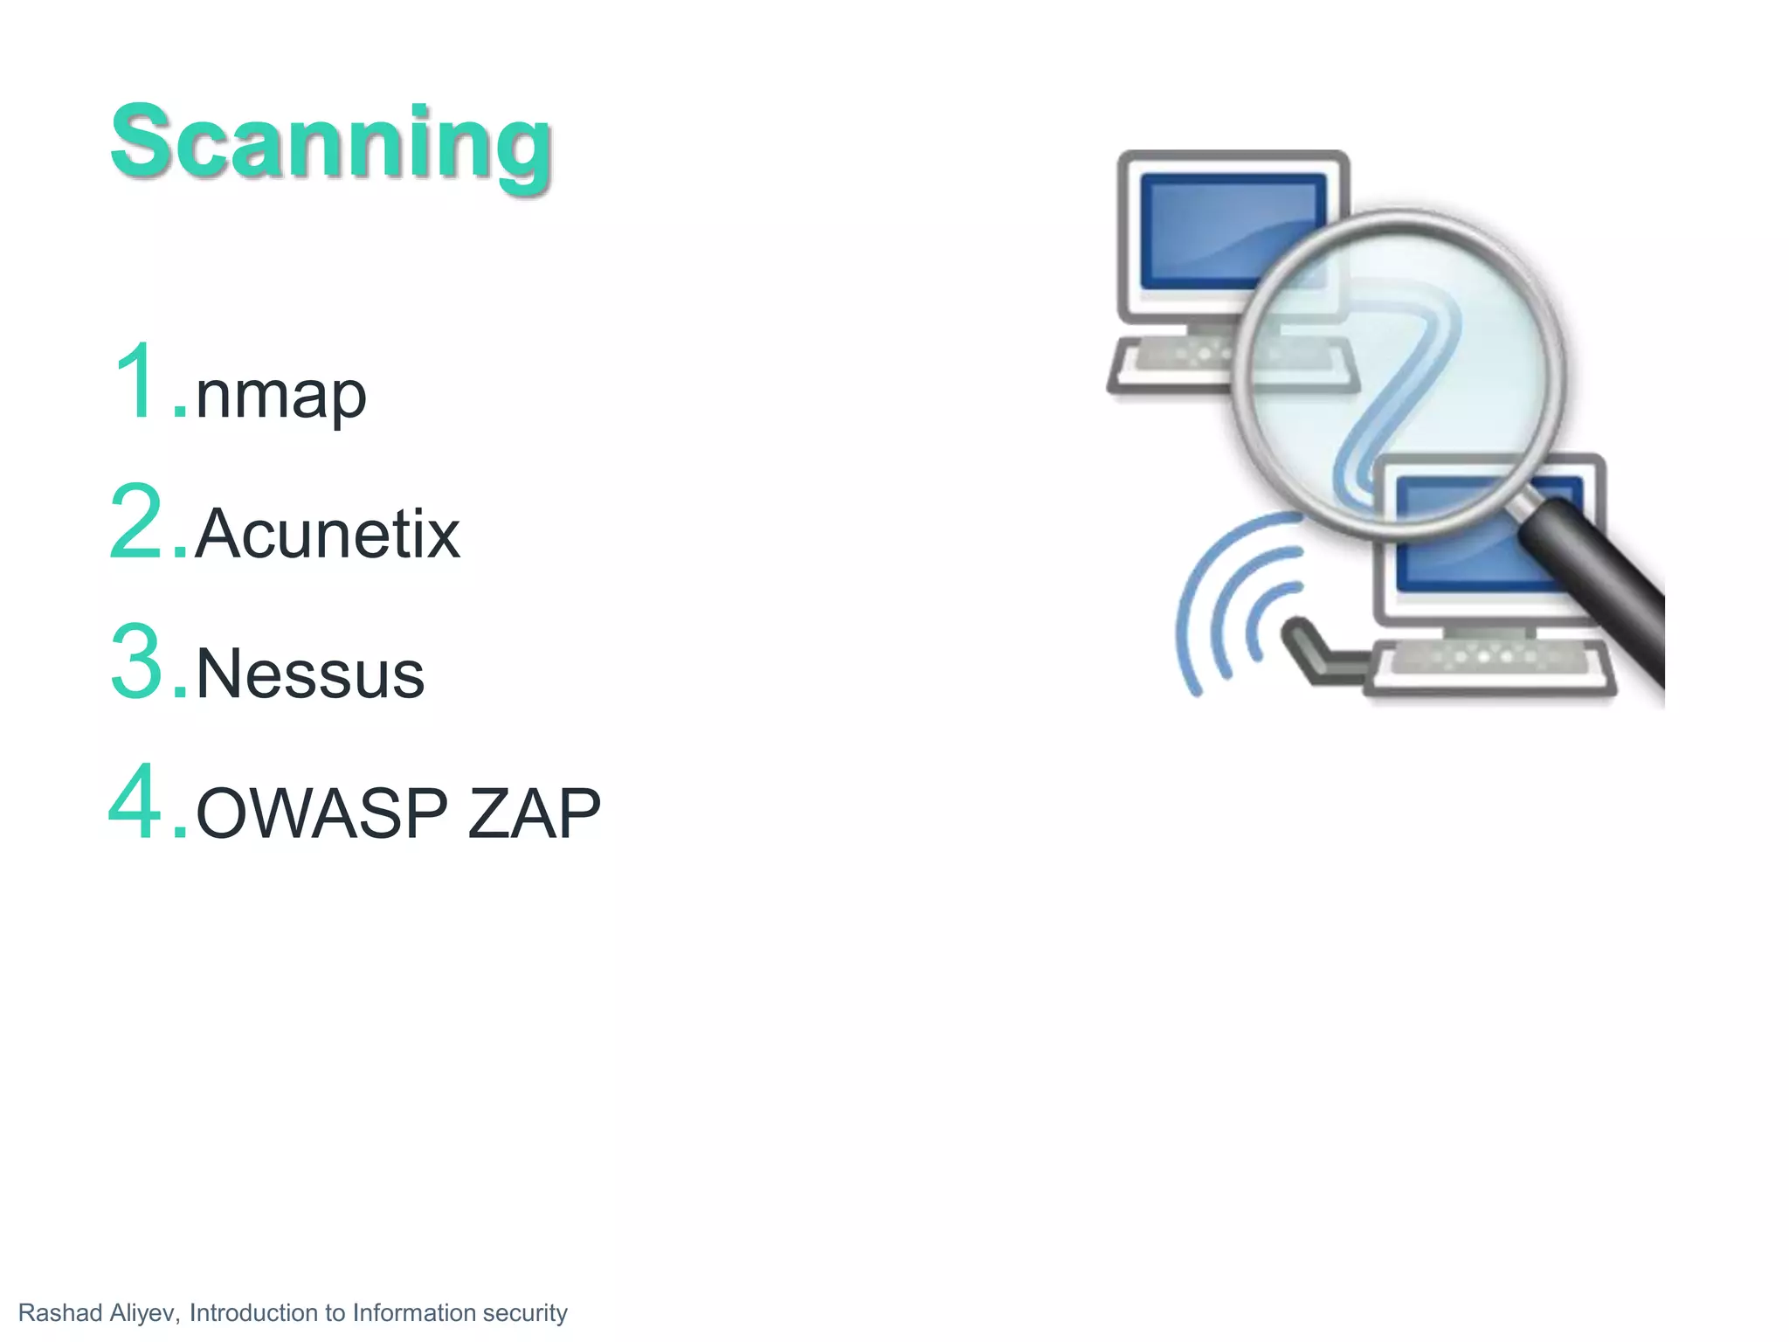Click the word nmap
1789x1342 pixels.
pos(280,395)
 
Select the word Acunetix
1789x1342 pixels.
pos(328,534)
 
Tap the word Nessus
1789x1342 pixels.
pos(310,674)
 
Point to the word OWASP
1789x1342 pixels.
pos(321,813)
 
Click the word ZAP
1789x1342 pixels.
pos(534,813)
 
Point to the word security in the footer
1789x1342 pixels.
pos(525,1313)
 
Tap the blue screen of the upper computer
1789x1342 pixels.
pos(1214,218)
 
